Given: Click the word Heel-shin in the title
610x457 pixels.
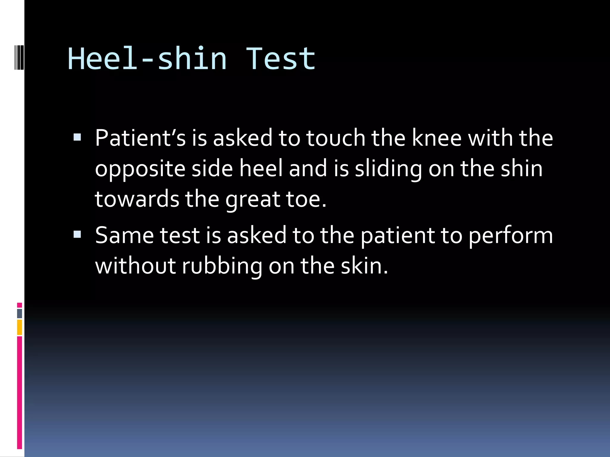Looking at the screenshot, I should pyautogui.click(x=147, y=59).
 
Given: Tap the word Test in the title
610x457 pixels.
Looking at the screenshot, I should pyautogui.click(x=280, y=59).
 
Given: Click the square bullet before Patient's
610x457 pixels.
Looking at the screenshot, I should pyautogui.click(x=77, y=137).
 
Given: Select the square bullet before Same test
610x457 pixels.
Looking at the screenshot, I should pyautogui.click(x=77, y=234).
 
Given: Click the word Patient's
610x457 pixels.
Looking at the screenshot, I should pyautogui.click(x=140, y=138).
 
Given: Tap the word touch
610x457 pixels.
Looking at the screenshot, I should pyautogui.click(x=336, y=138).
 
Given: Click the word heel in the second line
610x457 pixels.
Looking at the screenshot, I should pyautogui.click(x=261, y=168).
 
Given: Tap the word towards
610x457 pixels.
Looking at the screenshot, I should pyautogui.click(x=137, y=199).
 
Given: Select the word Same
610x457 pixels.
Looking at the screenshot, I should pyautogui.click(x=124, y=235).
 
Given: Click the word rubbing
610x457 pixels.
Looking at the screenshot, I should pyautogui.click(x=222, y=266).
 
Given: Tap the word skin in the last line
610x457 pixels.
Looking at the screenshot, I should pyautogui.click(x=364, y=266).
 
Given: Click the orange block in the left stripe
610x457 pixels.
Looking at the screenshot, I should pyautogui.click(x=19, y=327).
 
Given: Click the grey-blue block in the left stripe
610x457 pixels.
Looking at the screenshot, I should pyautogui.click(x=19, y=313).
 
